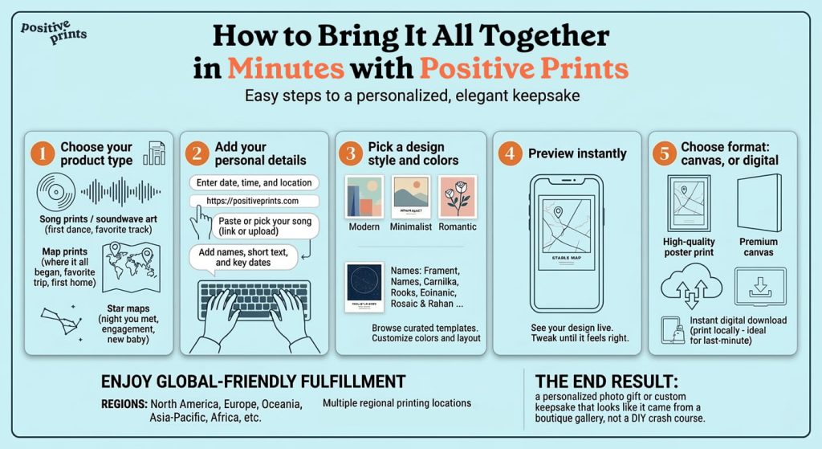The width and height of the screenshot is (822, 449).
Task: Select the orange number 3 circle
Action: [x=352, y=153]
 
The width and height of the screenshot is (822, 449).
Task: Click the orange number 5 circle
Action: [x=664, y=153]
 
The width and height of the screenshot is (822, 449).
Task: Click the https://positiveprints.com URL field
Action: [x=254, y=201]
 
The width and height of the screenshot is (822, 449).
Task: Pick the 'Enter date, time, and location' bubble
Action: [x=254, y=182]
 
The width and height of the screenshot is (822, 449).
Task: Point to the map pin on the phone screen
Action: [x=556, y=214]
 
